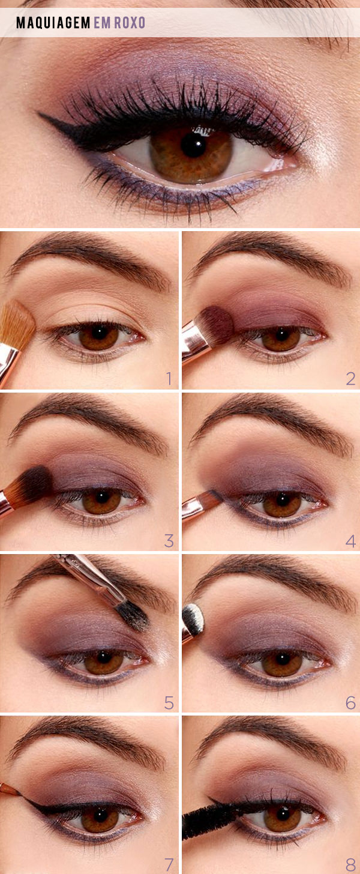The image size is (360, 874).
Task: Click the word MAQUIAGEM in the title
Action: point(53,23)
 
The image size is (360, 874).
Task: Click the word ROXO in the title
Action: point(130,23)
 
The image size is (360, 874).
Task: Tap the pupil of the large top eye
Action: point(193,145)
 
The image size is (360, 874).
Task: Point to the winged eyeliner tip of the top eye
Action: point(39,113)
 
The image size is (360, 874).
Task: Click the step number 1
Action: point(169,378)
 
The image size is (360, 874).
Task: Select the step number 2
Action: point(350,378)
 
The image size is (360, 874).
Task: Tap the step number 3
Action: point(169,541)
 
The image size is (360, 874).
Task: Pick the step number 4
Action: point(350,541)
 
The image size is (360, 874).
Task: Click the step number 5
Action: point(169,703)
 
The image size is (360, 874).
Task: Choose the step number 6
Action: point(350,703)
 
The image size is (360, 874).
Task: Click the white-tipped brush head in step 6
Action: point(193,618)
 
